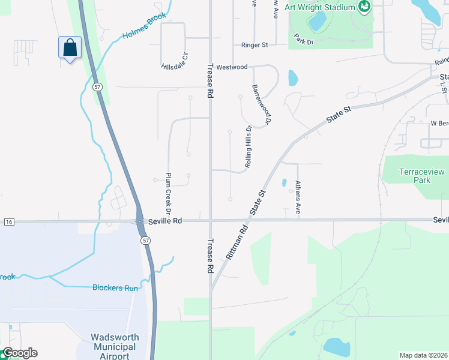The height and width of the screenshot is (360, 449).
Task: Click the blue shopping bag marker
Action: [x=70, y=47]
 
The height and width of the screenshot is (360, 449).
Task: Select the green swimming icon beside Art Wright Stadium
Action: [x=363, y=7]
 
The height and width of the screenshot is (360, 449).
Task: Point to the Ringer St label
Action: [x=255, y=45]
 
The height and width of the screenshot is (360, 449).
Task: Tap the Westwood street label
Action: [x=232, y=67]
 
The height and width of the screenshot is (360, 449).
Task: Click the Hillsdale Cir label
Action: [x=175, y=61]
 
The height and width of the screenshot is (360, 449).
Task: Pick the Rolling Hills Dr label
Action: [x=248, y=146]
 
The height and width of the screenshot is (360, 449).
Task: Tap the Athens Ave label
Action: [x=298, y=198]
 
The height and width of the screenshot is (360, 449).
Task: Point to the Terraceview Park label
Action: [x=415, y=176]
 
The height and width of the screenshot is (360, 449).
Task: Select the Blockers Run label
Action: [x=115, y=288]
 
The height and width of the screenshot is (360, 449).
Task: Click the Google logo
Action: [x=19, y=353]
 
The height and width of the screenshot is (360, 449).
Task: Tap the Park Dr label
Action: [x=304, y=42]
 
